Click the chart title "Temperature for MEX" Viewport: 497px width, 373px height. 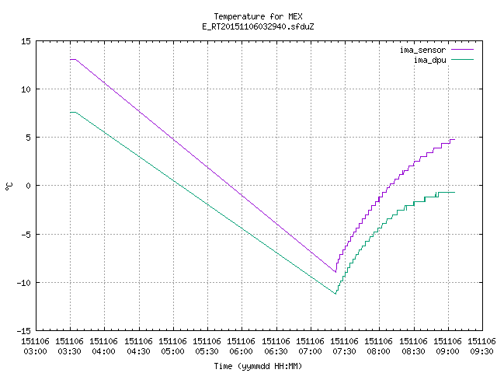tap(258, 16)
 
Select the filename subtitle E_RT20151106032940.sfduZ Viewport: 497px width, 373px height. tap(258, 26)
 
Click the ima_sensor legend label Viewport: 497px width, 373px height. tap(422, 50)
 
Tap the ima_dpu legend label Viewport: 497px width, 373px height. tap(429, 60)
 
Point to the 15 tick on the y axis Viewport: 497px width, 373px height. tap(26, 41)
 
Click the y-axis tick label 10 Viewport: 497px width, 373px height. tap(26, 89)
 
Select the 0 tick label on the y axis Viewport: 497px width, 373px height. tap(29, 186)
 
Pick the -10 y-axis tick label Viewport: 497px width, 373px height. tap(24, 283)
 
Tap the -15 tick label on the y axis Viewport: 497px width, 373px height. tap(24, 331)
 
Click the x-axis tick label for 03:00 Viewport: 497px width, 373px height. tap(35, 347)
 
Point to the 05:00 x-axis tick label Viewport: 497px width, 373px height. tap(172, 347)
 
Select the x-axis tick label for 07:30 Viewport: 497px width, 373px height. tap(345, 347)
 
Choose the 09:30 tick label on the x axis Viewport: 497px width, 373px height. tap(481, 347)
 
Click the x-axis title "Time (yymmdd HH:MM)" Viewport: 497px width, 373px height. tap(258, 366)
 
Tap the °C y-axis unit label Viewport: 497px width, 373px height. tap(9, 186)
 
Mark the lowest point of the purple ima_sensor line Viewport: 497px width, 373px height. tap(335, 272)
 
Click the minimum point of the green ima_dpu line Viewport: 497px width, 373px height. tap(335, 294)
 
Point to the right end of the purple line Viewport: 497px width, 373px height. tap(455, 140)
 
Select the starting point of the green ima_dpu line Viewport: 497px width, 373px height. tap(70, 112)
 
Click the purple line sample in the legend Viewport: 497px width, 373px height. tap(463, 50)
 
